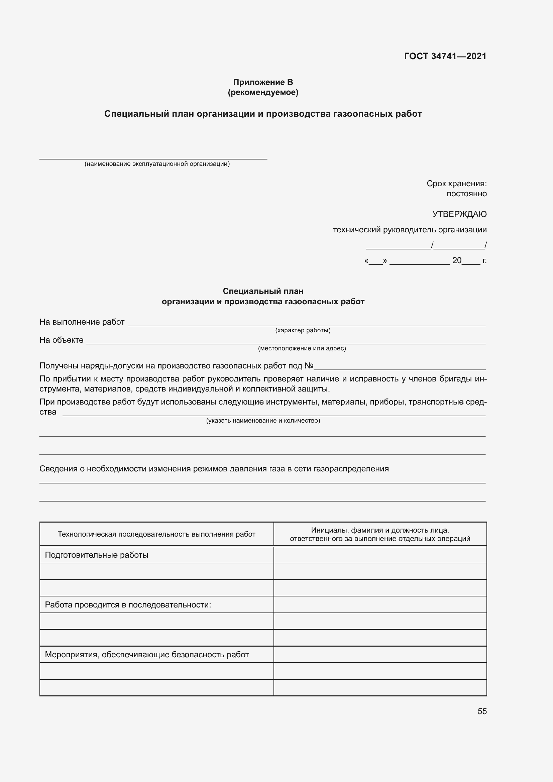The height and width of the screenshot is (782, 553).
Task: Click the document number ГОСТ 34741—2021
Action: (x=445, y=56)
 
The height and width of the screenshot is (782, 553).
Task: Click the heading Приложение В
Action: (x=263, y=82)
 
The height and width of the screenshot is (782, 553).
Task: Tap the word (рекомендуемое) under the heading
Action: (x=263, y=92)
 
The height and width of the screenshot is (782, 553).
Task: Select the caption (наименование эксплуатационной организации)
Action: (x=157, y=164)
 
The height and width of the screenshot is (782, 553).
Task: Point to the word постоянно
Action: (x=466, y=194)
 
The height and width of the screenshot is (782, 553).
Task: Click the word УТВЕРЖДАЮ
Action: (x=459, y=214)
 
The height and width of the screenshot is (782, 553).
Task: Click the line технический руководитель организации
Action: (x=410, y=230)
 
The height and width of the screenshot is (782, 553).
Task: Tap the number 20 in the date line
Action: (x=457, y=260)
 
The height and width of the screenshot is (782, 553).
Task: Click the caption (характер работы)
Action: (x=303, y=330)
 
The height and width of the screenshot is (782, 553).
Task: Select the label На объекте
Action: (x=61, y=340)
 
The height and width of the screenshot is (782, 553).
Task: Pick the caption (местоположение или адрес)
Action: (x=302, y=348)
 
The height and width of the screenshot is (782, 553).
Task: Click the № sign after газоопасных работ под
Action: (x=309, y=366)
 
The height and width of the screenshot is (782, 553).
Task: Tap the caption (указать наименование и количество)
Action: (x=263, y=421)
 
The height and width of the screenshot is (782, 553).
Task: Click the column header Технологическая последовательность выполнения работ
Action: (x=156, y=534)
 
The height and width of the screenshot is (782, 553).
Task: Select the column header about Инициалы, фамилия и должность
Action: (x=380, y=534)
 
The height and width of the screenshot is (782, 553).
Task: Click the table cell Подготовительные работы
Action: (x=97, y=555)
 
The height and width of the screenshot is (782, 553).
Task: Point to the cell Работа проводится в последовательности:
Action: (x=128, y=605)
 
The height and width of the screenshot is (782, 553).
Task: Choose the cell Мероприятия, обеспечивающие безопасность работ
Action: (x=147, y=655)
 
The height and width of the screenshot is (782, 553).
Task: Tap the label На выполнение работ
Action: (x=82, y=322)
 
